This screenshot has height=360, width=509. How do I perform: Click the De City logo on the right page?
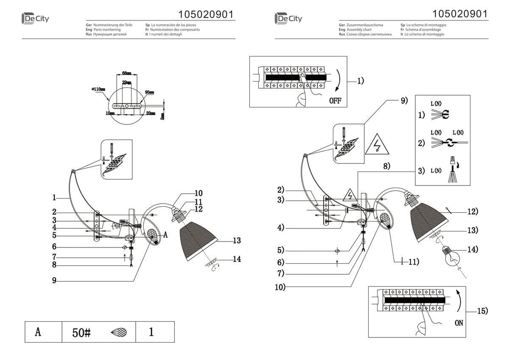point(288,18)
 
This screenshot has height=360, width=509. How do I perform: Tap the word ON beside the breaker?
point(459,323)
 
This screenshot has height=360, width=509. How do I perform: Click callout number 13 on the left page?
point(237,241)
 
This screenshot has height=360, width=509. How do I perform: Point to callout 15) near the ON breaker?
point(482,311)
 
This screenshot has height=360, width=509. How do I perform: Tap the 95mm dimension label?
point(149,92)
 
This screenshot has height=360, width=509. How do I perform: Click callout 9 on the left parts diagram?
point(55,280)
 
